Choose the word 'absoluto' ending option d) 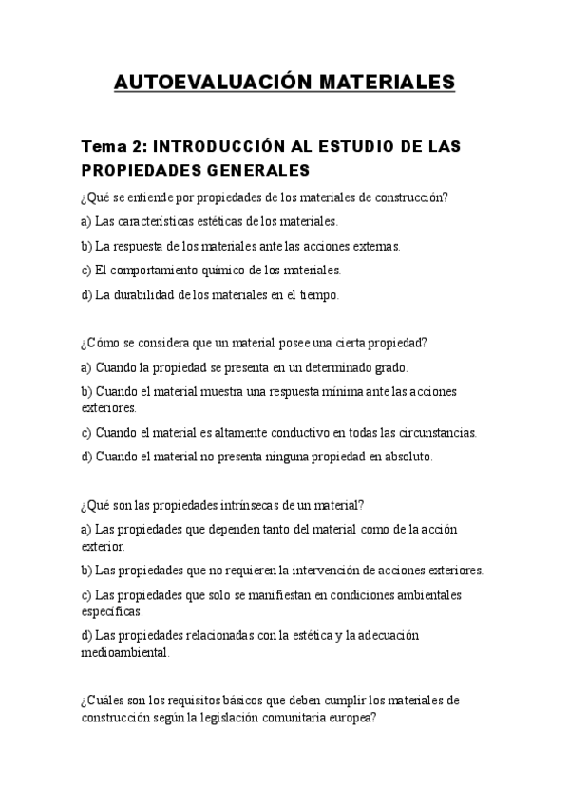[x=408, y=457]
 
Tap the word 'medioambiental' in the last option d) [x=125, y=653]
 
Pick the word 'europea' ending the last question [x=353, y=719]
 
